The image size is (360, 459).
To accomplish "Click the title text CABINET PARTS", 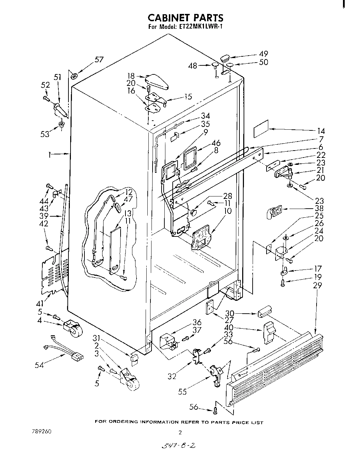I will tap(186, 18).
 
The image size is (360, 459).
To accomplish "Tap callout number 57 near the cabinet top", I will tap(99, 59).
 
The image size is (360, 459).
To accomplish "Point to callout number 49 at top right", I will tap(263, 54).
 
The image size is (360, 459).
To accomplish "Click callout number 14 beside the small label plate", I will tap(321, 131).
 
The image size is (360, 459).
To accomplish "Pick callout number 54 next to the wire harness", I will tap(39, 365).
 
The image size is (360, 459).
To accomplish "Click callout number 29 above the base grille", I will tap(317, 285).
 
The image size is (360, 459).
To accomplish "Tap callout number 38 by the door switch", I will tap(319, 208).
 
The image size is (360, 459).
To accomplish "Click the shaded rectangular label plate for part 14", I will tap(261, 129).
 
